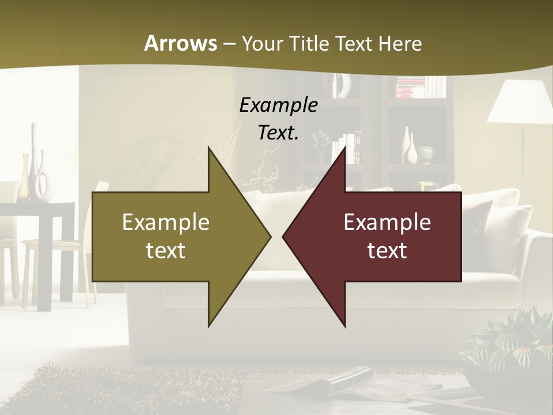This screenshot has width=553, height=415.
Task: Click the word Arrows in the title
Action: tap(180, 43)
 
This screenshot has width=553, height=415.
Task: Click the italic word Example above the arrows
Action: tap(278, 105)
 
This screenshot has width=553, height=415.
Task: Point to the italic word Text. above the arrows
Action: tap(278, 133)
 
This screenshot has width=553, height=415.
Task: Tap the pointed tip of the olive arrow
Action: tap(268, 236)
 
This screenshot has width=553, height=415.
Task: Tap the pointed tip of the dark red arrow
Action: tap(286, 236)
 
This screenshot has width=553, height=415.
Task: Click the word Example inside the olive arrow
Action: tap(166, 222)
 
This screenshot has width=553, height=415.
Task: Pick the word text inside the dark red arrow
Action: tap(387, 250)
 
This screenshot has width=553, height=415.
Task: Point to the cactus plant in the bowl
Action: tap(507, 346)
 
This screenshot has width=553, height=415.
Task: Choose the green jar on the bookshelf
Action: tap(426, 154)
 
